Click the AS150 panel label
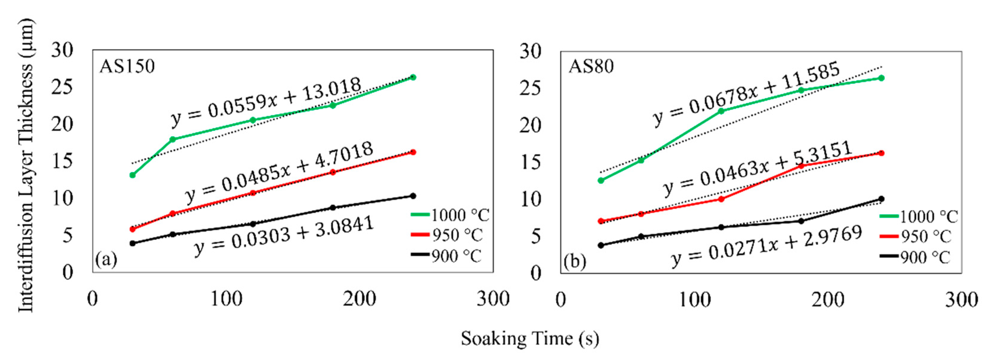click(127, 66)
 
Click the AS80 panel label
click(591, 67)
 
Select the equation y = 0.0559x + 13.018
click(266, 102)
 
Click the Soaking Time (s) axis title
click(529, 339)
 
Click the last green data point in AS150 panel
click(413, 77)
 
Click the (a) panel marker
click(106, 260)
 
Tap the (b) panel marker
click(575, 261)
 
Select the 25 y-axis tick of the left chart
click(62, 87)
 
